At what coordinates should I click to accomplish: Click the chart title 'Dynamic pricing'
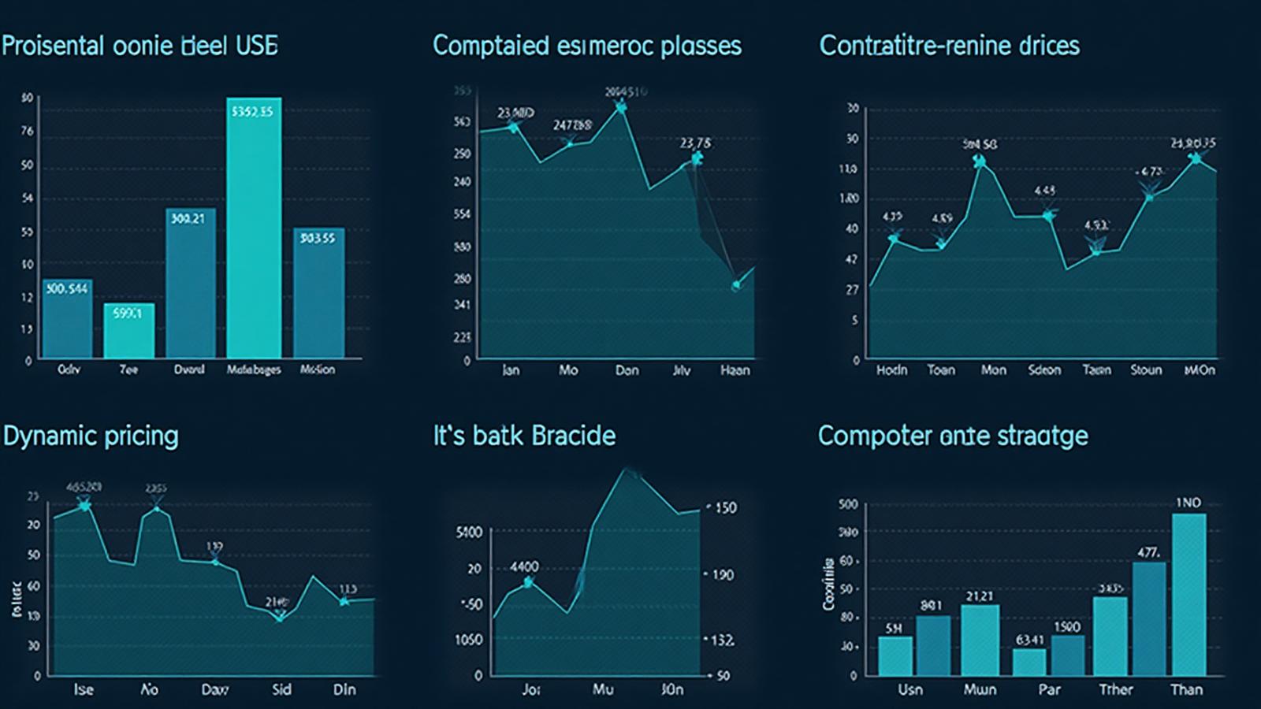coord(91,436)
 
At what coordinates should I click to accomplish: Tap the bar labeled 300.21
coord(190,284)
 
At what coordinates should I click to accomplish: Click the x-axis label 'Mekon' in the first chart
coord(318,369)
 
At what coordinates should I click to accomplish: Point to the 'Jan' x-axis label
coord(511,370)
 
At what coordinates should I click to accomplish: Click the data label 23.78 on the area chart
coord(695,143)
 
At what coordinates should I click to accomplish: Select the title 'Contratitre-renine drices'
coord(949,46)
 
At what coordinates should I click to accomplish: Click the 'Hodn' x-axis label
coord(891,370)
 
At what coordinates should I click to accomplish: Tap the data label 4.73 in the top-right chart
coord(1151,172)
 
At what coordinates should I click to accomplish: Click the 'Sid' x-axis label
coord(281,689)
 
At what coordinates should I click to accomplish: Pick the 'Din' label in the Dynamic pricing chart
coord(344,689)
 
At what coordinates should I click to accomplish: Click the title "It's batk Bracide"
coord(524,436)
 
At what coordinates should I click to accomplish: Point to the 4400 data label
coord(524,566)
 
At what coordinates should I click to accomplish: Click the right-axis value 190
coord(723,575)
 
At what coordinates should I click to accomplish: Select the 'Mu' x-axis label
coord(602,689)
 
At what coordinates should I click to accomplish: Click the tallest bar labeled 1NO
coord(1188,595)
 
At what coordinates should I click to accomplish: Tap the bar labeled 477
coord(1148,618)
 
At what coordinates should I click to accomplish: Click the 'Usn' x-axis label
coord(910,689)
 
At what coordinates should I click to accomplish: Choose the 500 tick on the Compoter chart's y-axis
coord(848,504)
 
